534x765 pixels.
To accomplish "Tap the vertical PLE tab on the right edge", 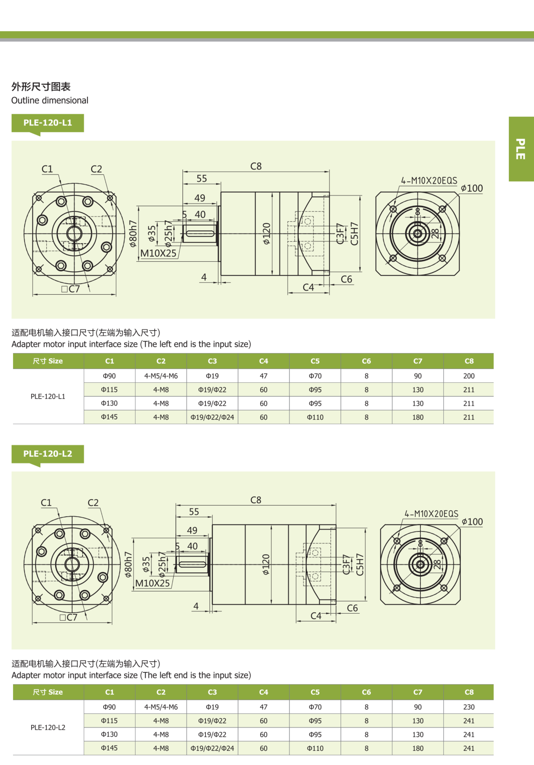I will click(x=521, y=149).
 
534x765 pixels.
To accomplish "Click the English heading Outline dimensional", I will click(x=50, y=100).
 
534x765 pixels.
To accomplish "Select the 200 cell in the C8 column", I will click(x=469, y=376).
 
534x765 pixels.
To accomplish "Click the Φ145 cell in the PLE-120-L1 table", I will click(x=109, y=417).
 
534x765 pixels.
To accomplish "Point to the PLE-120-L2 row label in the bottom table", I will click(x=48, y=727).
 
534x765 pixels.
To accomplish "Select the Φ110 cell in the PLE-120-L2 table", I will click(x=315, y=748).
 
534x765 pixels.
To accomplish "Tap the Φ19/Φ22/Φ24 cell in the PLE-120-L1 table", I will click(x=212, y=417).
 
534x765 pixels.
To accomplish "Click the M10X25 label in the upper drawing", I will click(x=158, y=253).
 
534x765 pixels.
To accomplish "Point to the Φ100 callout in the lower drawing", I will click(x=472, y=522).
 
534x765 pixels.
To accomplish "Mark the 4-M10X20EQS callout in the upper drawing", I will click(x=429, y=181).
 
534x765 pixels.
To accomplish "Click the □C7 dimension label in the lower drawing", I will click(x=68, y=617).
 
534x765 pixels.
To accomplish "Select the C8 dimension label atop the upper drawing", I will click(x=256, y=166).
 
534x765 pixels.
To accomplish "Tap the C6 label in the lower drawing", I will click(x=352, y=608).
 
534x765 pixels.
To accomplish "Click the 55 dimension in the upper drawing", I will click(x=202, y=178).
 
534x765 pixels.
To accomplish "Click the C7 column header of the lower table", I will click(x=418, y=692).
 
